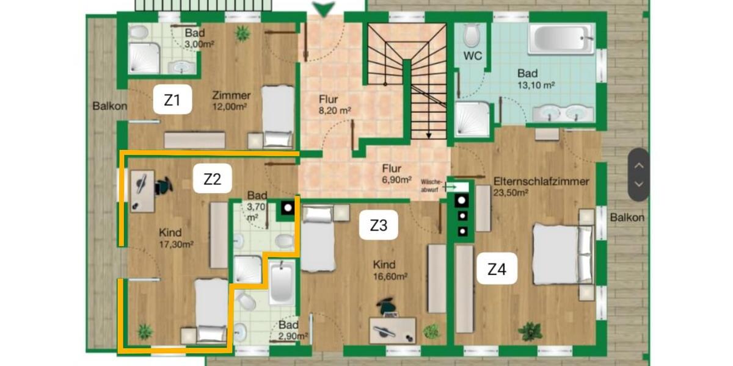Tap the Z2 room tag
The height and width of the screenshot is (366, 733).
coord(212,179)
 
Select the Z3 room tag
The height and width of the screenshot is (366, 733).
coord(379,225)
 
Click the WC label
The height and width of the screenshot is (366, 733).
coord(473,56)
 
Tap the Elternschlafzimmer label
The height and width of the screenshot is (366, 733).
coord(541,181)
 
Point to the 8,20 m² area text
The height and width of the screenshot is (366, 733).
coord(336,111)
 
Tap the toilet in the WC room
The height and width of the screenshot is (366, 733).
coord(472,35)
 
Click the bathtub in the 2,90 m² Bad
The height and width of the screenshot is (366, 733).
coord(281,282)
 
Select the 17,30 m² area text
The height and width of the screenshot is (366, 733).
coord(176,245)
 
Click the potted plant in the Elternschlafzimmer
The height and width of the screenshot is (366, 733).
coord(530,331)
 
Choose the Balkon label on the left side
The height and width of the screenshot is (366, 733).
coord(110,106)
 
